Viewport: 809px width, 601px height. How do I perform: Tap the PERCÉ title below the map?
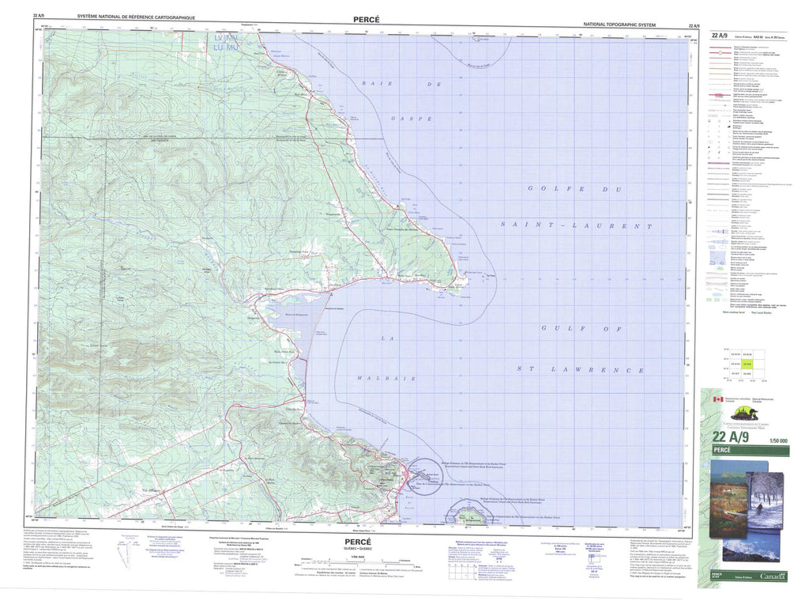point(357,542)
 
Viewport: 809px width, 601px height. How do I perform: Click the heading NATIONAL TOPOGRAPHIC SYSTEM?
point(631,25)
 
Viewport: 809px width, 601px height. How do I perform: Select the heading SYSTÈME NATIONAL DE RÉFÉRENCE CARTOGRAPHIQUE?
point(136,17)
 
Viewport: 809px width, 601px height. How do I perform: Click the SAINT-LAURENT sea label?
point(576,225)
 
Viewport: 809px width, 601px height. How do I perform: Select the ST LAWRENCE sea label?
point(580,369)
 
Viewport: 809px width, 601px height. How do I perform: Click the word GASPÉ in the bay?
point(411,119)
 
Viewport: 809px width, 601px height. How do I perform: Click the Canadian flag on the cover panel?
point(717,400)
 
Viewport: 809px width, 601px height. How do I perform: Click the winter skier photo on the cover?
point(765,502)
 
